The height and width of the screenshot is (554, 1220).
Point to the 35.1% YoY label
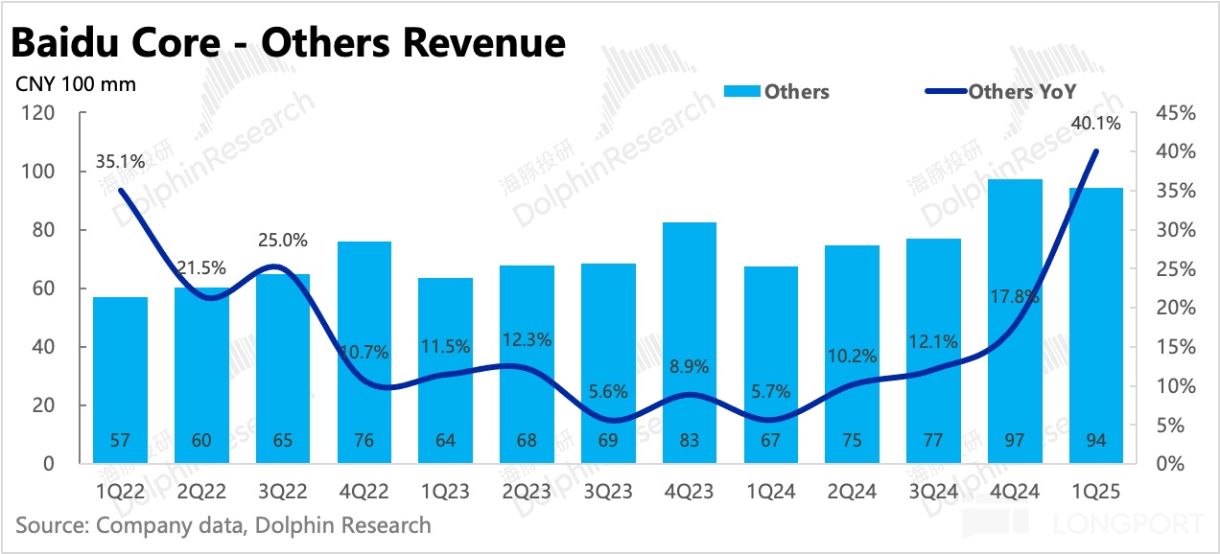coord(120,161)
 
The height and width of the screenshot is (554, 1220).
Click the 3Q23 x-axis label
coord(609,492)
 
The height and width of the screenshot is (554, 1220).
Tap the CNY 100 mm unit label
coord(76,84)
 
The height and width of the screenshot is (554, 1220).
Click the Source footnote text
coord(223,525)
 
